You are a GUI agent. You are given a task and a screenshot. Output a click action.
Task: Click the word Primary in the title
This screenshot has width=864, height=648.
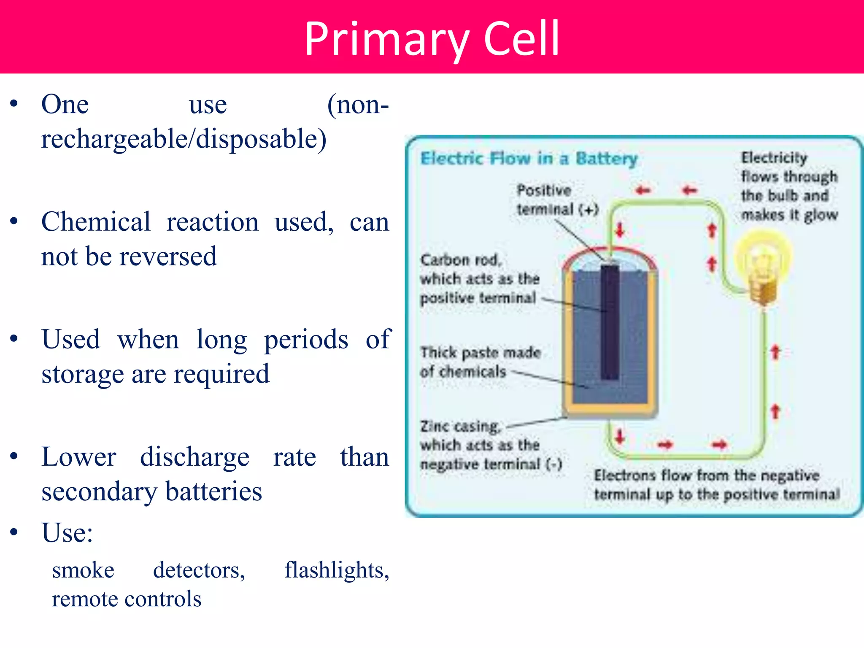coord(386,39)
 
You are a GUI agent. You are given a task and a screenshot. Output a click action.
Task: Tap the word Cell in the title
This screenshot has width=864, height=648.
coord(521,39)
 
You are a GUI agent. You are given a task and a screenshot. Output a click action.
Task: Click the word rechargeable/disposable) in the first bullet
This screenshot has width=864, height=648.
coord(184,139)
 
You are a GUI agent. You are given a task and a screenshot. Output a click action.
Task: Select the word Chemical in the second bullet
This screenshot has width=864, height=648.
coord(96,222)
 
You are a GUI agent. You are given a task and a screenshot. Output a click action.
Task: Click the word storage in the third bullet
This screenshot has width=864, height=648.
coord(82,374)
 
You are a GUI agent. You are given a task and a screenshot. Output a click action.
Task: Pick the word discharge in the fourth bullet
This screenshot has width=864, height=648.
coord(194,457)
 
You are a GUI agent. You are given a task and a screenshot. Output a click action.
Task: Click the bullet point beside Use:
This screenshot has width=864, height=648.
coord(14,532)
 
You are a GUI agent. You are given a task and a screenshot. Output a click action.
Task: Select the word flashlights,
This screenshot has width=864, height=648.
coord(337,570)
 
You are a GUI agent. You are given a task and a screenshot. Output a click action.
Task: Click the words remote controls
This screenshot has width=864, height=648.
coord(127,599)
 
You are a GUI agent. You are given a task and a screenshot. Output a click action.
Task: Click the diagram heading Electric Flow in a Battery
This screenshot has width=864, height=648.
coord(529,159)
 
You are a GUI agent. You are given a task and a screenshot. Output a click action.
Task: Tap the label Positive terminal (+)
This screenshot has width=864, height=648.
coord(557,200)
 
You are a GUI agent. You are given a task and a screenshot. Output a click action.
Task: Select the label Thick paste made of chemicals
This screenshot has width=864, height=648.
coord(480,362)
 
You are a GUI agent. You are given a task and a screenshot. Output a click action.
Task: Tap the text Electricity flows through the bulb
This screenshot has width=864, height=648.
coord(789,186)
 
